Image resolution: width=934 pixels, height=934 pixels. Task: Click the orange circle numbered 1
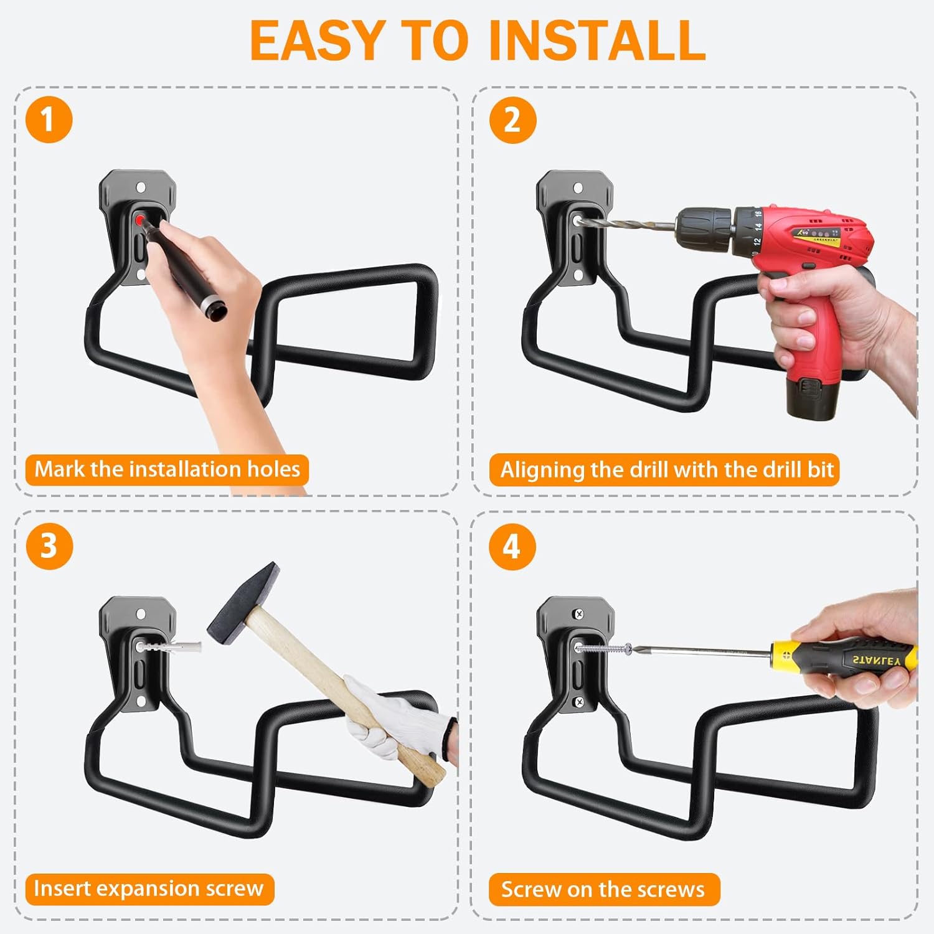tap(49, 120)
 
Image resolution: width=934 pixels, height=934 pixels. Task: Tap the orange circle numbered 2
tap(512, 120)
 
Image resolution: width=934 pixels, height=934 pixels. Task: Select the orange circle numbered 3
tap(49, 546)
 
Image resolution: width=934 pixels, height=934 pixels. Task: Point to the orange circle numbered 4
tap(512, 546)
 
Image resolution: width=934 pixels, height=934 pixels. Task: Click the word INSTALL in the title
tap(597, 41)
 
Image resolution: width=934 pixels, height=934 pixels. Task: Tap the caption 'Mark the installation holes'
tap(167, 469)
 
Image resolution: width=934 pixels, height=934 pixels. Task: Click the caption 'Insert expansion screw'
tap(149, 889)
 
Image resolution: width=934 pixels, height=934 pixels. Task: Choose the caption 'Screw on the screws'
tap(603, 889)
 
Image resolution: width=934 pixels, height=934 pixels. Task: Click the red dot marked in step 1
tap(140, 219)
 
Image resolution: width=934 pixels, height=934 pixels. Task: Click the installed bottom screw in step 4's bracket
tap(579, 702)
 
